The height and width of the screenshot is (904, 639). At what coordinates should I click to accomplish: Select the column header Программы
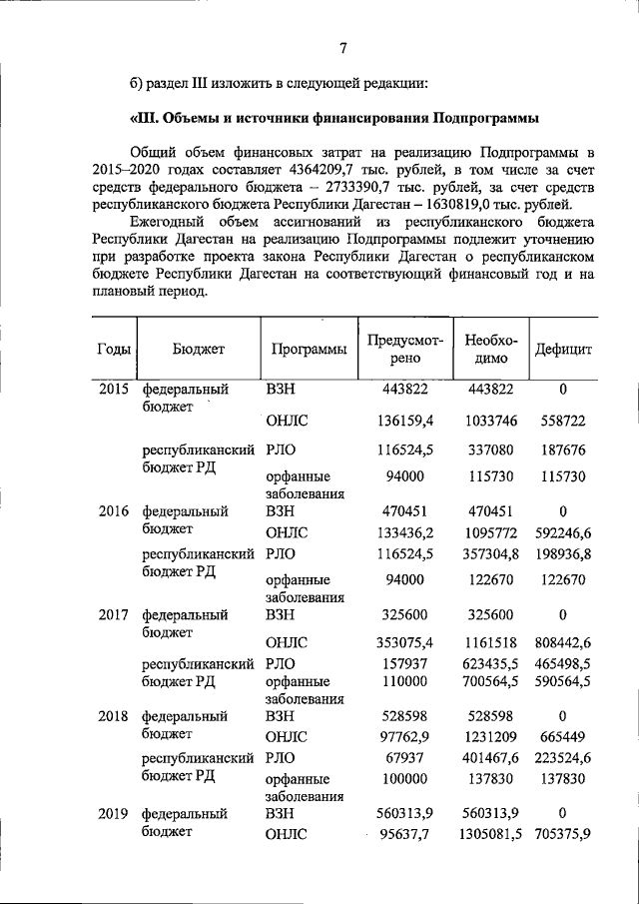coord(309,351)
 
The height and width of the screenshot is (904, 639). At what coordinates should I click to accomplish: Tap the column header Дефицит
coord(563,351)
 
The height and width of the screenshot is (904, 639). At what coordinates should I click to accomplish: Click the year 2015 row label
coord(113,390)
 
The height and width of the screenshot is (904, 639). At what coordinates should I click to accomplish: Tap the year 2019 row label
coord(113,813)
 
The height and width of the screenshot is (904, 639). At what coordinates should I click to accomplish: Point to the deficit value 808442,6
coord(563,642)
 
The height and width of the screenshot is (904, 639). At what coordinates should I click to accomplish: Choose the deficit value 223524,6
coord(563,758)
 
